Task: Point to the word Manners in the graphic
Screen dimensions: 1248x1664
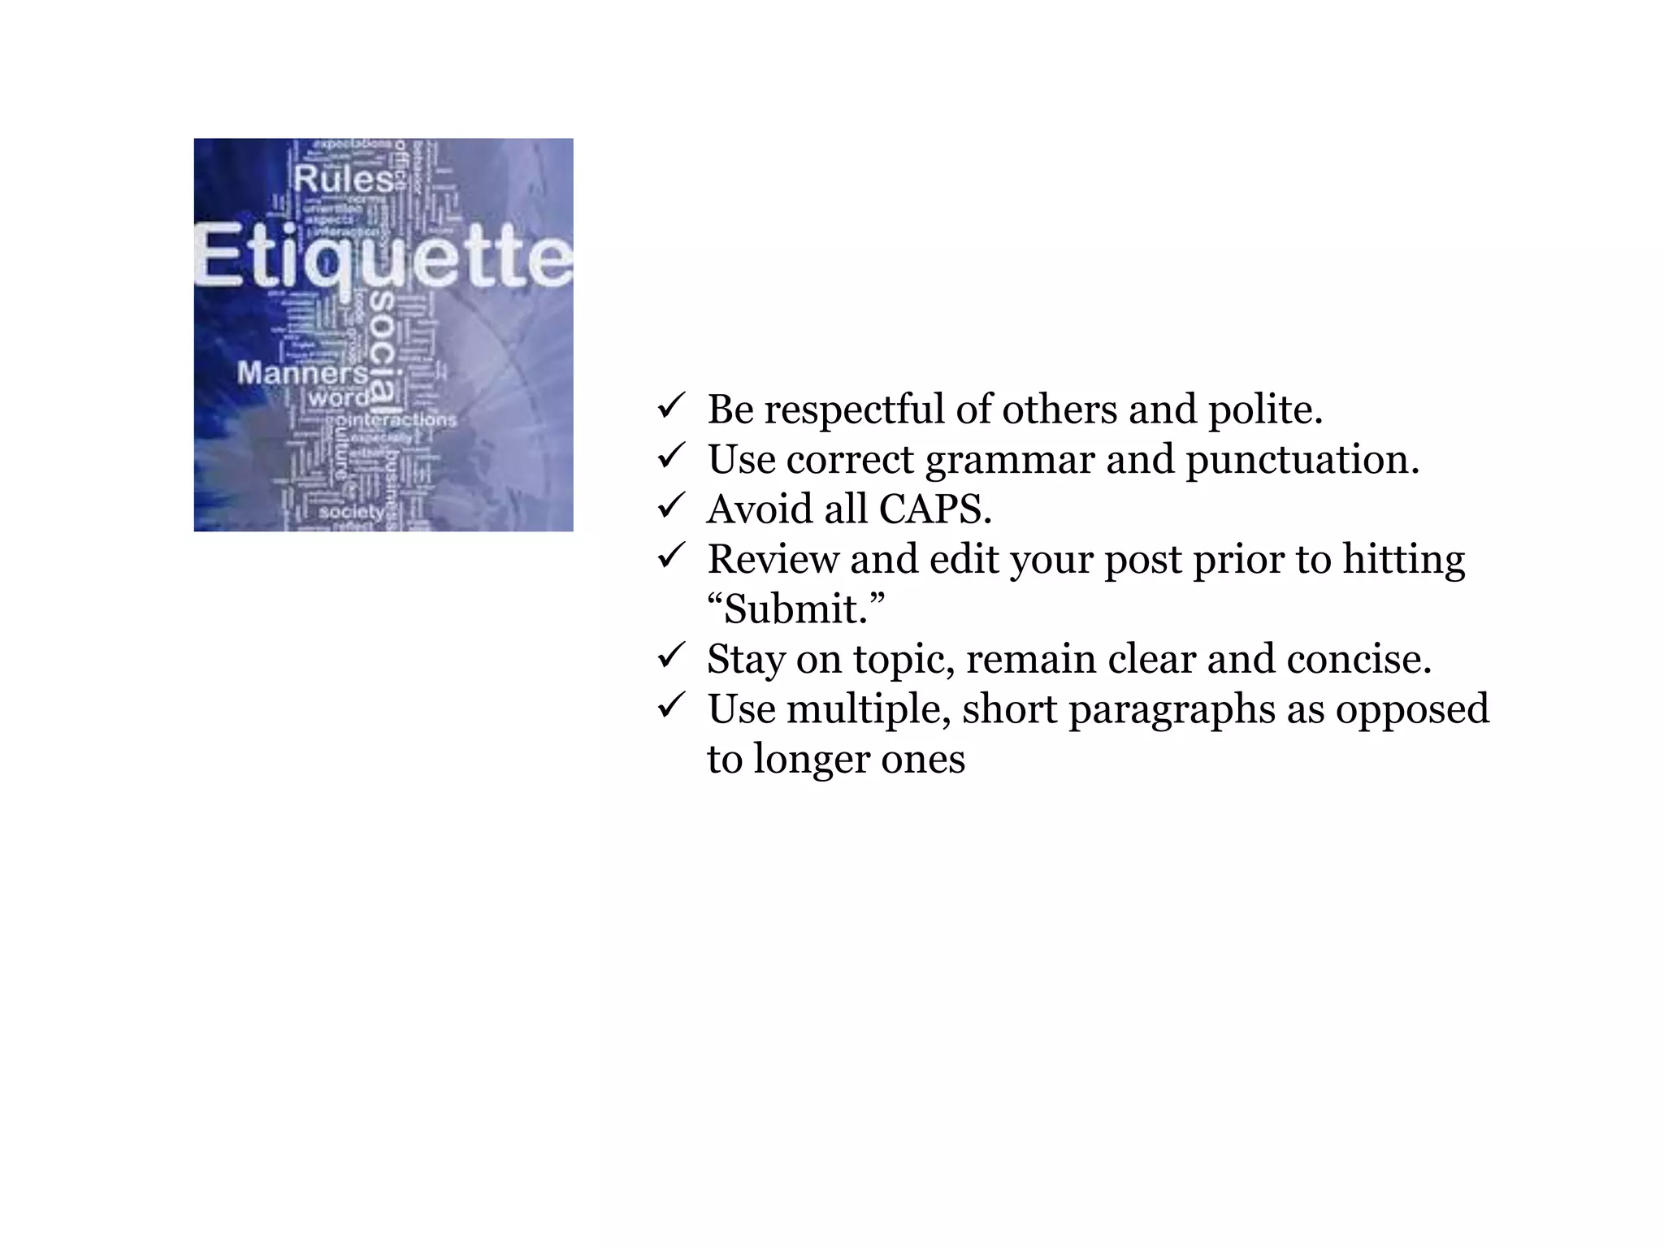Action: tap(302, 373)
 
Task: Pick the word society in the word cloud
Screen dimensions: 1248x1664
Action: tap(351, 513)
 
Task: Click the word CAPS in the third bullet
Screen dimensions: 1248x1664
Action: tap(934, 509)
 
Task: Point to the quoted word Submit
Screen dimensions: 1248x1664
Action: tap(795, 609)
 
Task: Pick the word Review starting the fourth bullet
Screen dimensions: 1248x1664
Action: tap(773, 560)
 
